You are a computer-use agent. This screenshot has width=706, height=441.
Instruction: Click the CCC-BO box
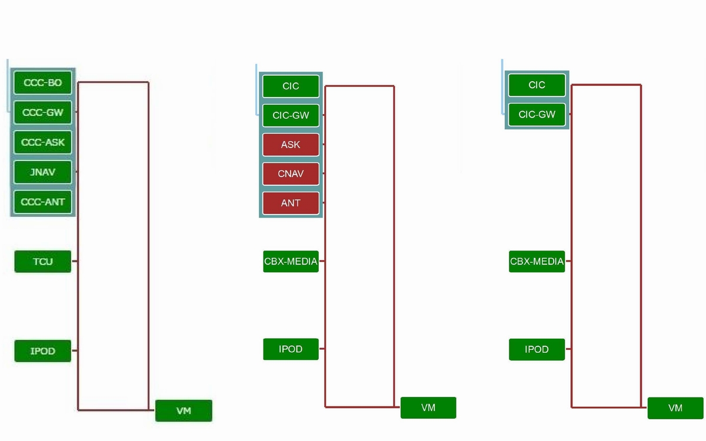(x=42, y=83)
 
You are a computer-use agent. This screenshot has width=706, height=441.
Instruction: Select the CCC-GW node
(x=42, y=112)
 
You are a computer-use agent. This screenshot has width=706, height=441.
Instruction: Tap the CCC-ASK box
(x=42, y=142)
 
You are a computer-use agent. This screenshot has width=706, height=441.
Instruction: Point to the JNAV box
(x=42, y=172)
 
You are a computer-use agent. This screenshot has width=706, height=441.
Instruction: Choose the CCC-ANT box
(x=42, y=202)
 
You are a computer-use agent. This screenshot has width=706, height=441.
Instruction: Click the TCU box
(x=42, y=262)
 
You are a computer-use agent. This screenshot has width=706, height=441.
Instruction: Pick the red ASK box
(x=291, y=145)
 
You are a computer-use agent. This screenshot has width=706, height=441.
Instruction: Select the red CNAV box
(x=291, y=174)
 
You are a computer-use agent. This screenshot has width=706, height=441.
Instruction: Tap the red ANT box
(x=291, y=203)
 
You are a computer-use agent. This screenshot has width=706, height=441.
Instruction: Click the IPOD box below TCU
(x=42, y=351)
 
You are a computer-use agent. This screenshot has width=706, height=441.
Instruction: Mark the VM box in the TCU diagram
(x=184, y=410)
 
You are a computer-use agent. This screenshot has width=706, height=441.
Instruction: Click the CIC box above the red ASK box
(x=291, y=86)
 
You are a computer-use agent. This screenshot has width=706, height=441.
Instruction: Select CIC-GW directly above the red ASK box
(x=291, y=116)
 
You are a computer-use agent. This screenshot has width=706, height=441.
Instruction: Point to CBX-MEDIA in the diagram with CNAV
(x=291, y=261)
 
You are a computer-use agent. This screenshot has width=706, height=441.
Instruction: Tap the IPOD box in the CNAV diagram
(x=291, y=349)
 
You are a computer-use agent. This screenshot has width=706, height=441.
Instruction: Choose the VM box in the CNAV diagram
(x=428, y=407)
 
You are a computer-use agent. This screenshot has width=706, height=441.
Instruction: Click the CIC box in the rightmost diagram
(x=537, y=85)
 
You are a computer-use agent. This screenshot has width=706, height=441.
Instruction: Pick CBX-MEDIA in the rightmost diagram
(x=537, y=261)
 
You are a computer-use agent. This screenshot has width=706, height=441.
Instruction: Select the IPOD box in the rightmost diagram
(x=537, y=349)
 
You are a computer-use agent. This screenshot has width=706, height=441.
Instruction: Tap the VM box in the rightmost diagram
(x=675, y=408)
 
